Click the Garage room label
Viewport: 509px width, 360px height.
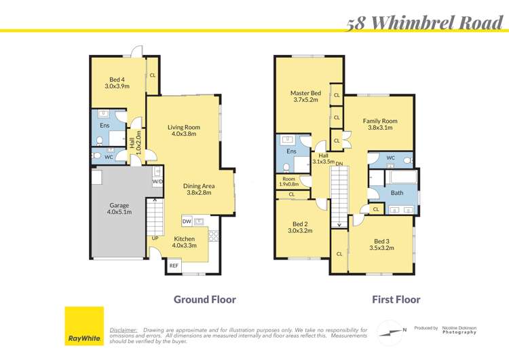pyautogui.click(x=119, y=209)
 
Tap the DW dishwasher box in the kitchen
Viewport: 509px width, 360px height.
pyautogui.click(x=186, y=221)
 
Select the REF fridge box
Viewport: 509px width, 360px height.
pyautogui.click(x=174, y=266)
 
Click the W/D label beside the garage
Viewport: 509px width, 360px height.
pyautogui.click(x=157, y=181)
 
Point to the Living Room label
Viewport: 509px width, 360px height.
pyautogui.click(x=184, y=130)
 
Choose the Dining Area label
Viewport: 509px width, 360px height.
pyautogui.click(x=200, y=189)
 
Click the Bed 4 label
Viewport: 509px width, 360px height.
pyautogui.click(x=116, y=83)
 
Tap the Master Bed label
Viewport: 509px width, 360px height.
pyautogui.click(x=305, y=96)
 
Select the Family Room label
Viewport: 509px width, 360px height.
pyautogui.click(x=379, y=124)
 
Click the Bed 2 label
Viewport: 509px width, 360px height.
pyautogui.click(x=300, y=228)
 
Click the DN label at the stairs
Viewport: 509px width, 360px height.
pyautogui.click(x=339, y=164)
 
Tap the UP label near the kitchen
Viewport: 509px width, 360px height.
pyautogui.click(x=155, y=238)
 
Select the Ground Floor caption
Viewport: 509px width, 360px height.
pyautogui.click(x=204, y=299)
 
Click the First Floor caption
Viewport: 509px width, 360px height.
pyautogui.click(x=396, y=299)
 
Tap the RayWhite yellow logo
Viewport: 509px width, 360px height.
pyautogui.click(x=84, y=326)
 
